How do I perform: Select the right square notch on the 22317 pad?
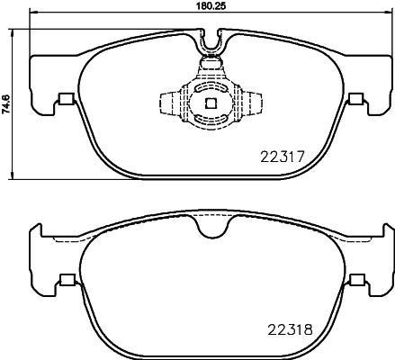[357, 100]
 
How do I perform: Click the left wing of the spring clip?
[167, 103]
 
